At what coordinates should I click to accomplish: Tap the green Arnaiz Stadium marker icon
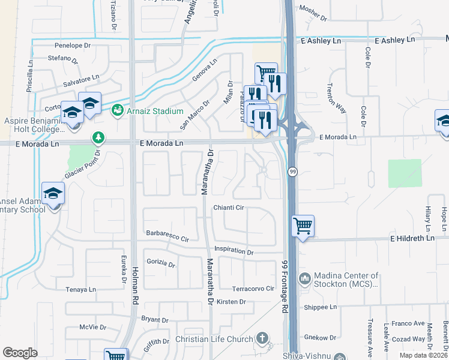(x=118, y=110)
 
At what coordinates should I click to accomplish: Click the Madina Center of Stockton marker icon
(x=305, y=278)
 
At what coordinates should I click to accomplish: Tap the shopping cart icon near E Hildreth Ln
(x=303, y=227)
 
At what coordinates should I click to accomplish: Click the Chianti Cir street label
(x=229, y=208)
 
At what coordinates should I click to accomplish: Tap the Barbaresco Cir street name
(x=167, y=236)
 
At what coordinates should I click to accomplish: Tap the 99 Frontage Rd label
(x=285, y=286)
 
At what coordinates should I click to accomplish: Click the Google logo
(x=20, y=353)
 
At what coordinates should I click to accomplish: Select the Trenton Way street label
(x=337, y=100)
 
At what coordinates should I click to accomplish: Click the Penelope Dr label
(x=72, y=45)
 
